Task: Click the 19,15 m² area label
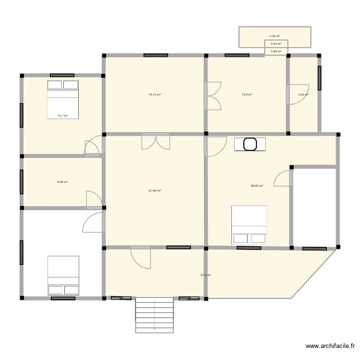click(x=155, y=95)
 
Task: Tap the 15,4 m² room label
click(x=247, y=95)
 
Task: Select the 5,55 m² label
click(x=303, y=95)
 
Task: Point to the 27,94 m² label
click(x=155, y=191)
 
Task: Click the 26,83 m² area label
click(x=257, y=186)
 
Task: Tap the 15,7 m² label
click(x=62, y=116)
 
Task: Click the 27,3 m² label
click(x=206, y=275)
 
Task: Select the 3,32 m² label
click(x=275, y=36)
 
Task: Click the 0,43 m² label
click(x=276, y=44)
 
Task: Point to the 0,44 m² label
click(x=276, y=51)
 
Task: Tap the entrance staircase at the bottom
click(x=154, y=314)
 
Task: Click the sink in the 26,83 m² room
click(x=250, y=144)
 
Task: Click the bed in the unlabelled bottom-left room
click(x=63, y=275)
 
